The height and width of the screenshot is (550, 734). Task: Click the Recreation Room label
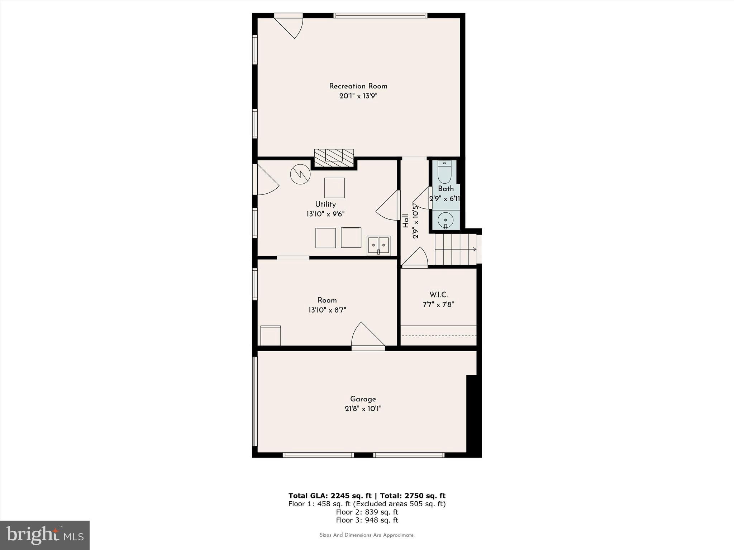pos(358,86)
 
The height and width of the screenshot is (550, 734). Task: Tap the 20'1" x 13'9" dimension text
pos(358,96)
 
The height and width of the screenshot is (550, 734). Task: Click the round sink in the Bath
pos(446,219)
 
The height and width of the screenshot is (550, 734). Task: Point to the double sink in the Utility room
pos(378,246)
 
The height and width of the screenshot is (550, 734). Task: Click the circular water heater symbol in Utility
pos(300,174)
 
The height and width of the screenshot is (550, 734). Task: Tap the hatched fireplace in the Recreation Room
pos(334,158)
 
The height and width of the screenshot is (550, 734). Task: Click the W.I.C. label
pos(438,295)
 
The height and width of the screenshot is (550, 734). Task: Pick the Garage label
pos(363,399)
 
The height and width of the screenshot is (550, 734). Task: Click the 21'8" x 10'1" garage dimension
pos(363,409)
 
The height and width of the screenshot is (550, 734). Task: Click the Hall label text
pos(406,221)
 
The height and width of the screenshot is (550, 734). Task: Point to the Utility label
pos(325,204)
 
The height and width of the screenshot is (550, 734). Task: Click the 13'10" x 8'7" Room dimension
pos(327,310)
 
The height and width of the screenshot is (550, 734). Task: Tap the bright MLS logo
pos(45,535)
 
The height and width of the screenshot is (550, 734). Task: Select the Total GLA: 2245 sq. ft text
pos(330,496)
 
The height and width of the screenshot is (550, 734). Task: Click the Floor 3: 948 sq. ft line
pos(367,520)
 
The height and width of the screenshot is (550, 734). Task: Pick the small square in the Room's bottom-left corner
pos(271,336)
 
